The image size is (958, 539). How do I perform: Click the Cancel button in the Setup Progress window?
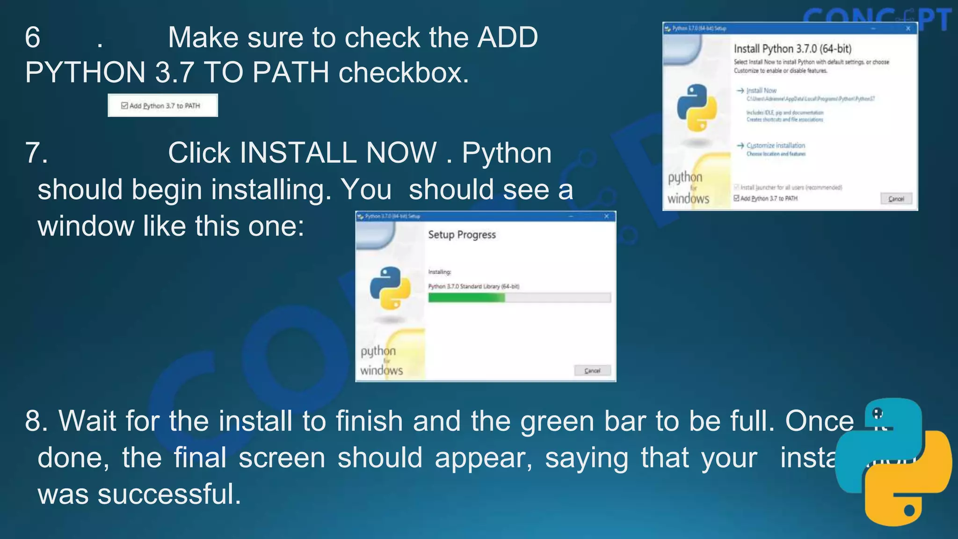592,371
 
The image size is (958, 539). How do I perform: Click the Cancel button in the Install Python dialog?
896,199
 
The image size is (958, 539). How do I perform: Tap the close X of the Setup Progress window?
606,216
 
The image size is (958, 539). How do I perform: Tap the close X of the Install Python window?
908,29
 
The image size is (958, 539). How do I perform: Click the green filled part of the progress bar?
466,298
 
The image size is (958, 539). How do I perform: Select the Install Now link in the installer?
761,90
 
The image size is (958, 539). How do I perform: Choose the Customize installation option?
776,146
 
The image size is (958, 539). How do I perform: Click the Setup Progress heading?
462,235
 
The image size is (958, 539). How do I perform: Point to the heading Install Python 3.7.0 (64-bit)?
792,49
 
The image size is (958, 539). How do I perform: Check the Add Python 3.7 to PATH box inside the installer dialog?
737,198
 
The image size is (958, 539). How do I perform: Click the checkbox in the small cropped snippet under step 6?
124,106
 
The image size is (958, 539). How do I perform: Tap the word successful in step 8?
169,494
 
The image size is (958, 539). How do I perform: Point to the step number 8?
33,420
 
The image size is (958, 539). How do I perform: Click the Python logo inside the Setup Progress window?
390,288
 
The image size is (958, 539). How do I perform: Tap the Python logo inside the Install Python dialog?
697,108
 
